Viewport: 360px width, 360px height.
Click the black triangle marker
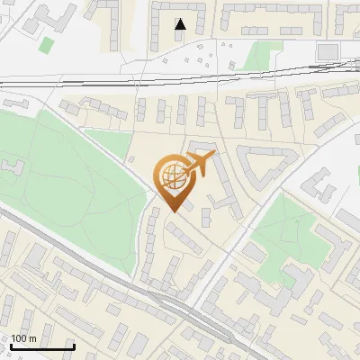tap(181, 24)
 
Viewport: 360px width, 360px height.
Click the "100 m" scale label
tap(23, 337)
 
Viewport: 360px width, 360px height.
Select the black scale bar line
tap(42, 346)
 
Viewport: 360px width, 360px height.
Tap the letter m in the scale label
tap(32, 337)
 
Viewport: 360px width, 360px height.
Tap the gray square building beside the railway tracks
tap(328, 49)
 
